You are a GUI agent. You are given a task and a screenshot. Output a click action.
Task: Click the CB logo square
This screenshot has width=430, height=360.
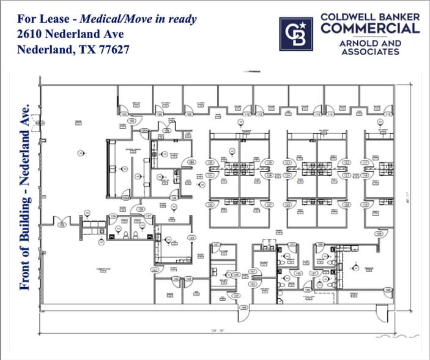click(296, 34)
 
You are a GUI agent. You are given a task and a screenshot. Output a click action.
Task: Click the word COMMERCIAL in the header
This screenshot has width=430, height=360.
click(370, 28)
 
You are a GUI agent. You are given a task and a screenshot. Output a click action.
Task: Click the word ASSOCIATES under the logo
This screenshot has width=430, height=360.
click(370, 52)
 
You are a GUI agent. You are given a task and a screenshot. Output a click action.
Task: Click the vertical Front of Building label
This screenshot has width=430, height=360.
click(26, 196)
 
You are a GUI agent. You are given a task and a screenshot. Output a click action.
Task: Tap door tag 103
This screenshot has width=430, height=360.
click(123, 114)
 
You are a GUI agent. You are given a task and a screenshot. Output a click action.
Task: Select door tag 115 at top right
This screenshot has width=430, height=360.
click(387, 114)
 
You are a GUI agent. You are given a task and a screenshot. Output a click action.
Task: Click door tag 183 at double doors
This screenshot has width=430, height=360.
click(62, 225)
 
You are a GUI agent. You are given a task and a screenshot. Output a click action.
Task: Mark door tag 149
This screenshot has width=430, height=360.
click(236, 275)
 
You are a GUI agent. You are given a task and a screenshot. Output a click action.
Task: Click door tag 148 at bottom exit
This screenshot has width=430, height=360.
click(243, 307)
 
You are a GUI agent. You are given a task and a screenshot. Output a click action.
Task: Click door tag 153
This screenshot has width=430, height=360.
click(292, 244)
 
